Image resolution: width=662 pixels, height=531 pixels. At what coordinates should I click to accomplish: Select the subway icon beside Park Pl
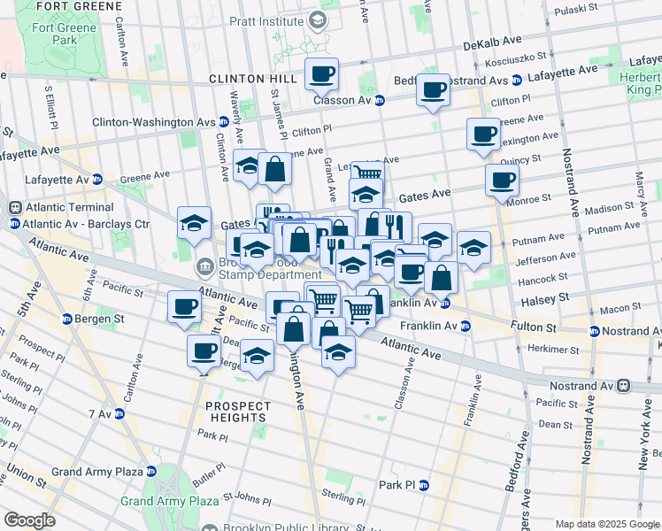coord(423,485)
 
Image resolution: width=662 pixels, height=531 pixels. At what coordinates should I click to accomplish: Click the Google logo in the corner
coord(29,520)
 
